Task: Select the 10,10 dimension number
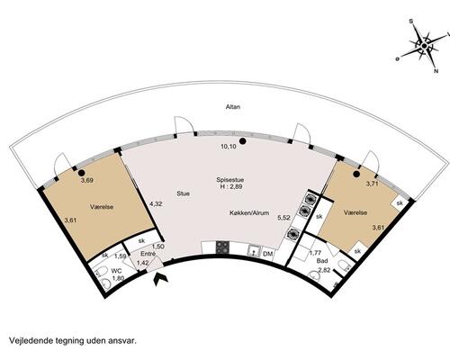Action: point(229,146)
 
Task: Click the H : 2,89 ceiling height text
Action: point(230,188)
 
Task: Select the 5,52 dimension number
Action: point(283,219)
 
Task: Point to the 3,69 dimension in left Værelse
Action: point(87,181)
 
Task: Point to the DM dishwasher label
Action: point(267,255)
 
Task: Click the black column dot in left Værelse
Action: point(80,171)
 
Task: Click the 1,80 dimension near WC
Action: point(118,278)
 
